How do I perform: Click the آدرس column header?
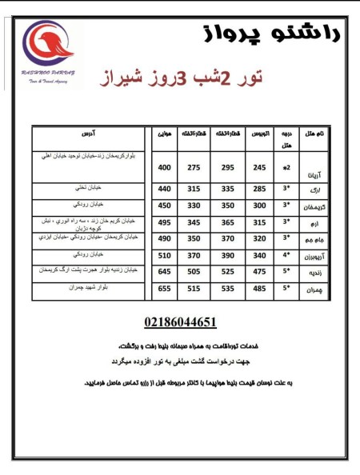pos(90,133)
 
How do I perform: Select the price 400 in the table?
pos(165,168)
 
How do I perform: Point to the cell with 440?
pos(165,189)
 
